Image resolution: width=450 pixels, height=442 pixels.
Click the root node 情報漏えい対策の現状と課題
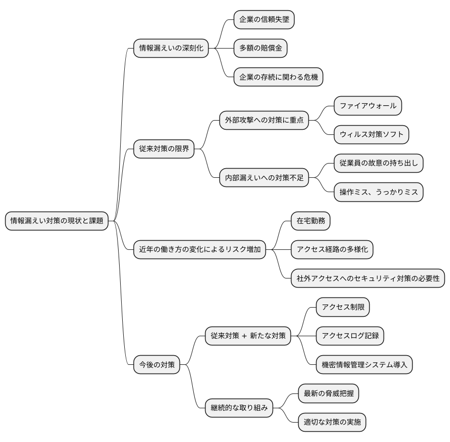point(57,221)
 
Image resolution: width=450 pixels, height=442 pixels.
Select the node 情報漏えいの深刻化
point(171,49)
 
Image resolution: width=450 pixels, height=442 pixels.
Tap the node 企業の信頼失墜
point(264,20)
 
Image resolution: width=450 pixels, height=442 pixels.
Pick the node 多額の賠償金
point(260,49)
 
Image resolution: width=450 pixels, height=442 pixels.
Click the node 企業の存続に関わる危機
point(278,77)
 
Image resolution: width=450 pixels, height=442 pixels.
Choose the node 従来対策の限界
point(164,149)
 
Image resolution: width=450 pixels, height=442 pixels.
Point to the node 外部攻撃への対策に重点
point(264,120)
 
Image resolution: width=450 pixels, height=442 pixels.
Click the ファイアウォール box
point(368,106)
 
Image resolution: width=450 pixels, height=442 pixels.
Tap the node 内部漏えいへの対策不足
point(264,178)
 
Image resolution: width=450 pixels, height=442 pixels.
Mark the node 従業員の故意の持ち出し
point(378,164)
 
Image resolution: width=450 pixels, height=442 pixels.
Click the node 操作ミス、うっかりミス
point(378,192)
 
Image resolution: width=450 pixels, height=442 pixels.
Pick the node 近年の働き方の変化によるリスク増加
point(199,250)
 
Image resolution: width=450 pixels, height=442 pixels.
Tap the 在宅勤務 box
point(310,221)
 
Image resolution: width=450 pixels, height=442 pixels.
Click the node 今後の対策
point(156,365)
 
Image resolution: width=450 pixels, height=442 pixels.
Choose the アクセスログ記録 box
point(350,336)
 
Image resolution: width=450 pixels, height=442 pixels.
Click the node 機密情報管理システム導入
point(364,365)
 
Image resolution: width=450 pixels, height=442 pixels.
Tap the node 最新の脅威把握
point(328,393)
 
